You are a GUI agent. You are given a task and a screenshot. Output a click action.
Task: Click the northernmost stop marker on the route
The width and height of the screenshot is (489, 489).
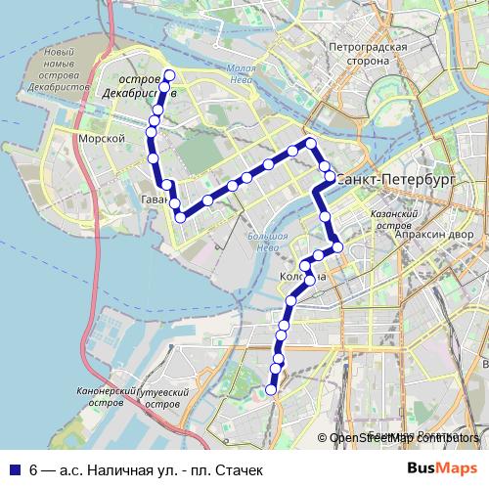coord(168,75)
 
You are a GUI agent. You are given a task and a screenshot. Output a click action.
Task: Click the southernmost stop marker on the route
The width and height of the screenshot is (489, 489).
coord(271,389)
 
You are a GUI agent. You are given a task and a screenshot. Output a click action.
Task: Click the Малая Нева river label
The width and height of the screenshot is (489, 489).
coord(241,74)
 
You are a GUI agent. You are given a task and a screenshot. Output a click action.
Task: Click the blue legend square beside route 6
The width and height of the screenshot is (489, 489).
coord(14,469)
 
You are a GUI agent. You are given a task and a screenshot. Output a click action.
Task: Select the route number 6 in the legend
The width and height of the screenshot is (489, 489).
coord(34,469)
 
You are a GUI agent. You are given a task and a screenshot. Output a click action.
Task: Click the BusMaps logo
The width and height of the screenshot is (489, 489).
coord(442,468)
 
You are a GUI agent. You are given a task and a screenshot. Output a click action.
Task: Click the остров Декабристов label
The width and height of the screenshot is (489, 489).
coord(138,86)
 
